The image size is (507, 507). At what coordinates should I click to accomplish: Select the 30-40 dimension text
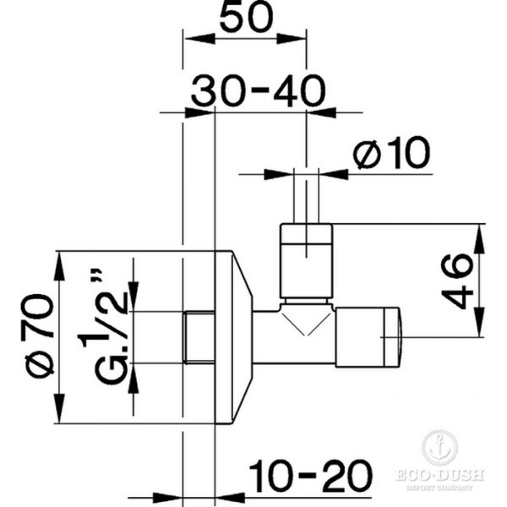coord(257,90)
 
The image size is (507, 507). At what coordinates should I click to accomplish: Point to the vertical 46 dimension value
coord(456,279)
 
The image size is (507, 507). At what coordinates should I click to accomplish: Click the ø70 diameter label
coord(41,337)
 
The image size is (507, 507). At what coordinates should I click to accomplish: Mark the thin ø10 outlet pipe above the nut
coord(306,199)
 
